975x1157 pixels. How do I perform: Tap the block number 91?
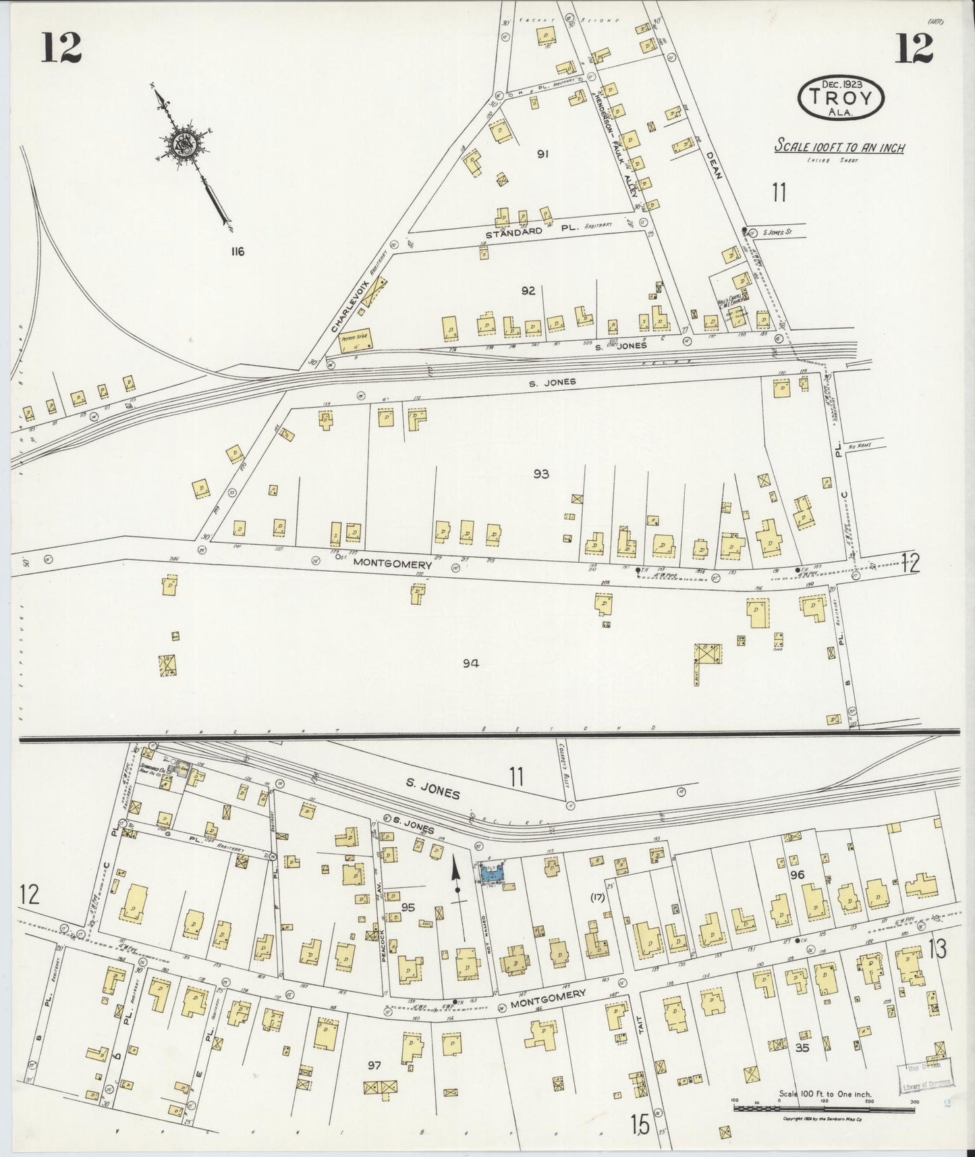(x=542, y=155)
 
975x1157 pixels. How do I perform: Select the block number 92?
(x=528, y=291)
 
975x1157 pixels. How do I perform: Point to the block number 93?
(x=540, y=474)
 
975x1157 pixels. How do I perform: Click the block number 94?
(x=470, y=664)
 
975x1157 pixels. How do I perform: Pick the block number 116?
(x=236, y=252)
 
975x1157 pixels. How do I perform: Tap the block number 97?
(x=375, y=1065)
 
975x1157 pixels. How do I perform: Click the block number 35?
(x=802, y=1048)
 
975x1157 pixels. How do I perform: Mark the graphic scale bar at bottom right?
(x=823, y=1108)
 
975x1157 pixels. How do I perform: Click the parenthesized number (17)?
(x=597, y=897)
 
